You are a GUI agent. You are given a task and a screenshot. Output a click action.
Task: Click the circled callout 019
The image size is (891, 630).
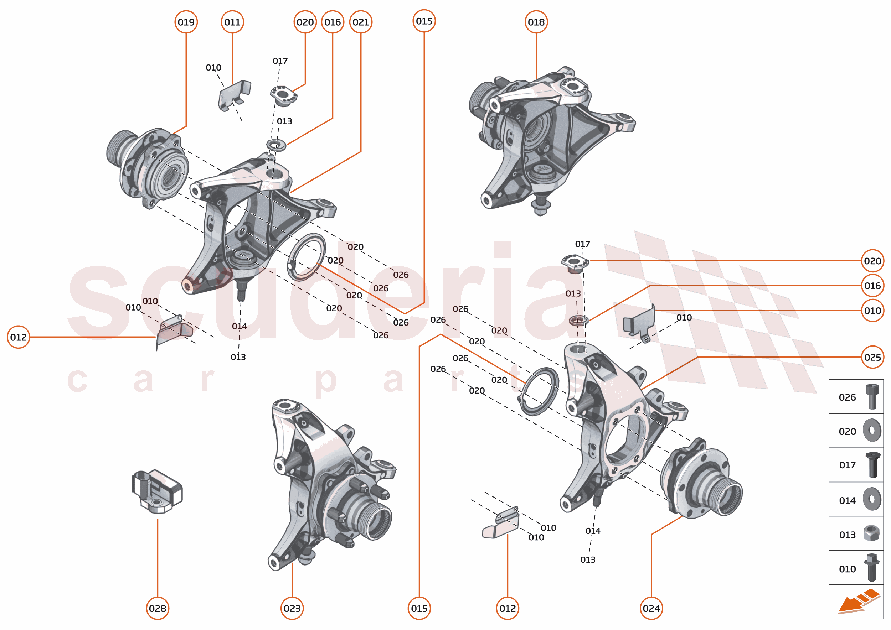186,22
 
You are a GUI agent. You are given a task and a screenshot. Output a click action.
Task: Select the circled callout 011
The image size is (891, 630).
232,22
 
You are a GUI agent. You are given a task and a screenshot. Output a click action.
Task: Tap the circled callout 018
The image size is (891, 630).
536,22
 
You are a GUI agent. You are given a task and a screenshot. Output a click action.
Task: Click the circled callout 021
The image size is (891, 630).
360,22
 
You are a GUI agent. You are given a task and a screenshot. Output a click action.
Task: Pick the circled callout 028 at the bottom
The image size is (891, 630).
157,608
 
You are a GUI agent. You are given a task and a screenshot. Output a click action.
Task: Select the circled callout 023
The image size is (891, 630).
292,608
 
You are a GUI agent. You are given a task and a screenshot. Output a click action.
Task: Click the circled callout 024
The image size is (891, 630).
651,608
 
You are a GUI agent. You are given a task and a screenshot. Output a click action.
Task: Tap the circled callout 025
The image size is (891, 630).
872,357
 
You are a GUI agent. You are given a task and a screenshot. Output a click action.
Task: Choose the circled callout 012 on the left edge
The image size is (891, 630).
18,337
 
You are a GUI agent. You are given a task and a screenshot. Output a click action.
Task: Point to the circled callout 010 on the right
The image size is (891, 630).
872,310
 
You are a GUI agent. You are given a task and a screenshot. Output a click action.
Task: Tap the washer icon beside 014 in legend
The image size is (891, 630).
872,499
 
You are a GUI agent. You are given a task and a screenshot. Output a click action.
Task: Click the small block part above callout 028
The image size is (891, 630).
157,491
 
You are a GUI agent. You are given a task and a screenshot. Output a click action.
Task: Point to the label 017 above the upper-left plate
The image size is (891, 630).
279,61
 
